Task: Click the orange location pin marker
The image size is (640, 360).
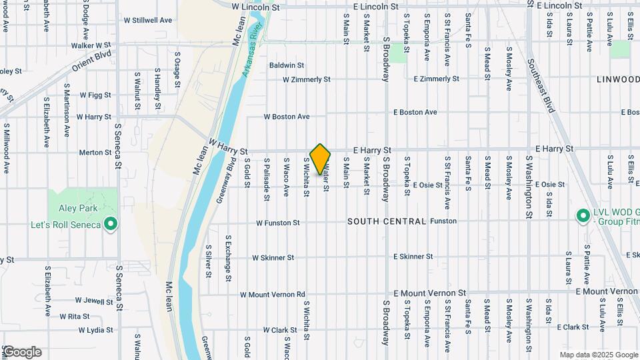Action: coord(321,159)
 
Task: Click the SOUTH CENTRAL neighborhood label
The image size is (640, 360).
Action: coord(387,221)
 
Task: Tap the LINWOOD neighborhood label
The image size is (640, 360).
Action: coord(617,79)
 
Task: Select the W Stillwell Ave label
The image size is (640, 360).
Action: coord(148,20)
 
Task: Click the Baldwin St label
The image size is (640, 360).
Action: coord(287,65)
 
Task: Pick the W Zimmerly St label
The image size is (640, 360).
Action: coord(307,79)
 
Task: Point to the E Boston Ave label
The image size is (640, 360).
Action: coord(415,112)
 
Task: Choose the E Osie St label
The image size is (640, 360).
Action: coord(427,185)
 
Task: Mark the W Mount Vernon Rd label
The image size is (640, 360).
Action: coord(273,294)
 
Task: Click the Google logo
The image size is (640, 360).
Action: coord(21,351)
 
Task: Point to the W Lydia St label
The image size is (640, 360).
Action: coord(95,330)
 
